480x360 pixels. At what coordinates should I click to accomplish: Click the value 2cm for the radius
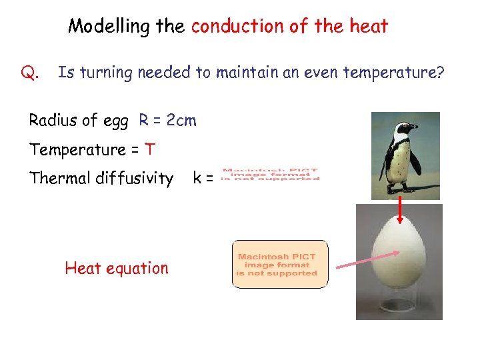pos(181,121)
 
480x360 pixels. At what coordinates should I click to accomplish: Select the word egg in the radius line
pos(117,122)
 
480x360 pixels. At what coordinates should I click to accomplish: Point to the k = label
pos(203,178)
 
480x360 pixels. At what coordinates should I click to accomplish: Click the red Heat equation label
pos(117,269)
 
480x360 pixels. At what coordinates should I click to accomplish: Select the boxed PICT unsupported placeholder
pos(280,265)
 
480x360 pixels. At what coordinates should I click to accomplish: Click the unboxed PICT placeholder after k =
pos(270,174)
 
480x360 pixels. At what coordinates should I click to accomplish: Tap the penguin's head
pos(403,129)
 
